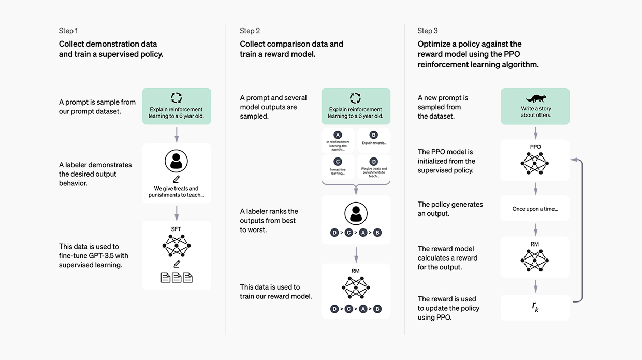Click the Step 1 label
pyautogui.click(x=68, y=31)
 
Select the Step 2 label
pyautogui.click(x=250, y=31)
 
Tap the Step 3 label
pyautogui.click(x=427, y=31)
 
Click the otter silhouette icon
pyautogui.click(x=535, y=98)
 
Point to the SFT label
pyautogui.click(x=176, y=229)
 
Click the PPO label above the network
pyautogui.click(x=535, y=147)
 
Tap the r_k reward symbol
pyautogui.click(x=535, y=307)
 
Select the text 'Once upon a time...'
pyautogui.click(x=535, y=209)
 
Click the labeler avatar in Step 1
pyautogui.click(x=176, y=161)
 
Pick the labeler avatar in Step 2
pyautogui.click(x=356, y=213)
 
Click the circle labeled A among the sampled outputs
pyautogui.click(x=338, y=135)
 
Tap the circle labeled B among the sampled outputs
pyautogui.click(x=373, y=135)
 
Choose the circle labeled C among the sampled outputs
pyautogui.click(x=338, y=162)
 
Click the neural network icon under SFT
pyautogui.click(x=176, y=246)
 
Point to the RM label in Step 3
pyautogui.click(x=535, y=244)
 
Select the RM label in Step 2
pyautogui.click(x=355, y=271)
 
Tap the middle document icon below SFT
pyautogui.click(x=177, y=278)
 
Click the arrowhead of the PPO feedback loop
pyautogui.click(x=574, y=160)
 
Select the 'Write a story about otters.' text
pyautogui.click(x=536, y=112)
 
